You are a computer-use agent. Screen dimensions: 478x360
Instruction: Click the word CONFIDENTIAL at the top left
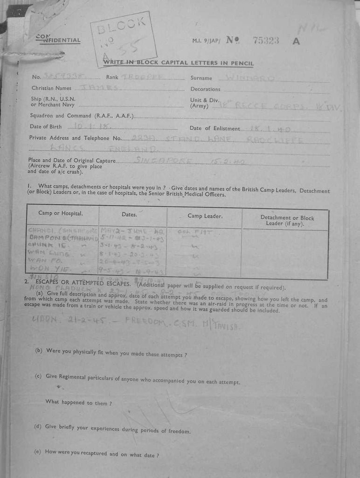(58, 39)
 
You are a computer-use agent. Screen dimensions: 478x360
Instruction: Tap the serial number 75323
(266, 41)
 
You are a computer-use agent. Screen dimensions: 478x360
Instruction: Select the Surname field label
(201, 78)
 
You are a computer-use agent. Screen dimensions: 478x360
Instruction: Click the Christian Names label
(51, 88)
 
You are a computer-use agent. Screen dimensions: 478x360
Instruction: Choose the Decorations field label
(205, 89)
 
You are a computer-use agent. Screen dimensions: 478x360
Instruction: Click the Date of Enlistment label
(215, 128)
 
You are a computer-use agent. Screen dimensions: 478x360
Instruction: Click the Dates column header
(130, 215)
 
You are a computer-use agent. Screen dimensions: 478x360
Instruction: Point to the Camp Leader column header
(205, 216)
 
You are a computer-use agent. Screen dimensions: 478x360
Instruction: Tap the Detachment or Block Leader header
(287, 221)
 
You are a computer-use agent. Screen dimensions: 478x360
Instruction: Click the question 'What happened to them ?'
(78, 402)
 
